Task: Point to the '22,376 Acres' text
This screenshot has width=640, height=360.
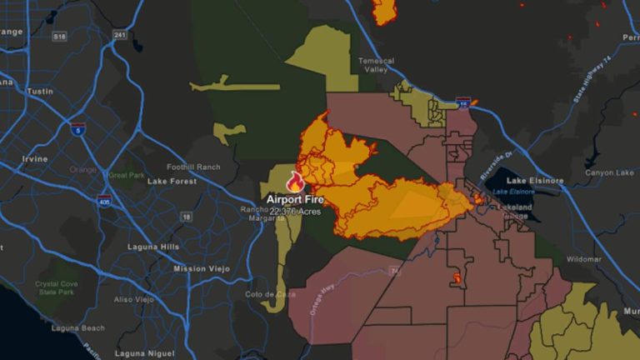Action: pos(295,212)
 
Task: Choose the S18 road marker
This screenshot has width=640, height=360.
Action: pos(59,37)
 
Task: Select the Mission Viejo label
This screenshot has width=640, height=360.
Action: pos(201,269)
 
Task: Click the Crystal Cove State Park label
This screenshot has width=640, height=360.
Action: pos(57,288)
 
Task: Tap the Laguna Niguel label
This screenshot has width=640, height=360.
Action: pos(135,352)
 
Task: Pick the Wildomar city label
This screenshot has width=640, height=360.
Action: pos(584,259)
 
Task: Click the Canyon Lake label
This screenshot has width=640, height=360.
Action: pos(611,172)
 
